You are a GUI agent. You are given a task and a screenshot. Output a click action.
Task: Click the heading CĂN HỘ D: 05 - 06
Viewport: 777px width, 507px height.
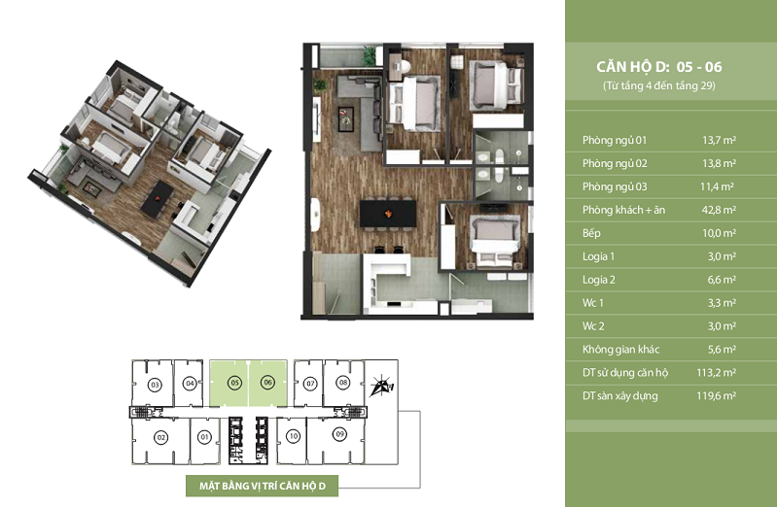(658, 67)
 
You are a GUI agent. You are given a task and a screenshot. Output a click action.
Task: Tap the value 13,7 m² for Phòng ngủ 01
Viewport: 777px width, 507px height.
(719, 140)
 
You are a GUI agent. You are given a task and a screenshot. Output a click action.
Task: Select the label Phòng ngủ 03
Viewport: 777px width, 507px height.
(615, 186)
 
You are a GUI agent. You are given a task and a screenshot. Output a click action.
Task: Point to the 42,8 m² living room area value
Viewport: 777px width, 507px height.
(719, 210)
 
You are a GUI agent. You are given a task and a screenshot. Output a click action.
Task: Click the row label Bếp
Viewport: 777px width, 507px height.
(591, 233)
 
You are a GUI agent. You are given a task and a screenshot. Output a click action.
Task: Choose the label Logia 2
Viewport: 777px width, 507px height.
(599, 280)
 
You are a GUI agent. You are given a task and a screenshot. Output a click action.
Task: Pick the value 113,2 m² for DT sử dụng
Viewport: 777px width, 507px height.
(716, 372)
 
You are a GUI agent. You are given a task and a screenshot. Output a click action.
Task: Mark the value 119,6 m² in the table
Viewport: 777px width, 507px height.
(716, 395)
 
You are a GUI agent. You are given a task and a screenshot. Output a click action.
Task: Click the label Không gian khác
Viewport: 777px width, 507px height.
(620, 350)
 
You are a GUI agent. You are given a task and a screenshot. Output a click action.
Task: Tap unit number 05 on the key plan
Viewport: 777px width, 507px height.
(235, 383)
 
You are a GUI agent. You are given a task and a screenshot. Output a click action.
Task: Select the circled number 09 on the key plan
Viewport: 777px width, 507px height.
(339, 434)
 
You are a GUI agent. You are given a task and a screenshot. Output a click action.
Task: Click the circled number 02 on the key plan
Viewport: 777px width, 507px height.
(161, 438)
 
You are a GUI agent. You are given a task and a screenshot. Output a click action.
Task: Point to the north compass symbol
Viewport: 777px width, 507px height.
(381, 387)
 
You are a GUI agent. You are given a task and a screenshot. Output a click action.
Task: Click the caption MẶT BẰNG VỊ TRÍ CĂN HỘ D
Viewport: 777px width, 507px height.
(263, 486)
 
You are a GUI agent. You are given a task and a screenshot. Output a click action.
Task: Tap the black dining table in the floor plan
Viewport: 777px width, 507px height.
(388, 214)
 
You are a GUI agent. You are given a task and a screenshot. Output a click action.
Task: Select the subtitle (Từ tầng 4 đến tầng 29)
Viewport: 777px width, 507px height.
(659, 85)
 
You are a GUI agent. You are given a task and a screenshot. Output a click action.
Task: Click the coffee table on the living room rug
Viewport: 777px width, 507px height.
(346, 119)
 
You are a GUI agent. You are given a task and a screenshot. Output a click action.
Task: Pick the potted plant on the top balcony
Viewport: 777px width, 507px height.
(370, 55)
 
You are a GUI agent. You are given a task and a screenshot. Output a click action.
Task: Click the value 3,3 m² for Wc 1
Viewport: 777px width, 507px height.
(722, 303)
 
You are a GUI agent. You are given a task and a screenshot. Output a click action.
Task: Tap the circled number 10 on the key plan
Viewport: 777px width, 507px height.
(293, 436)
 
